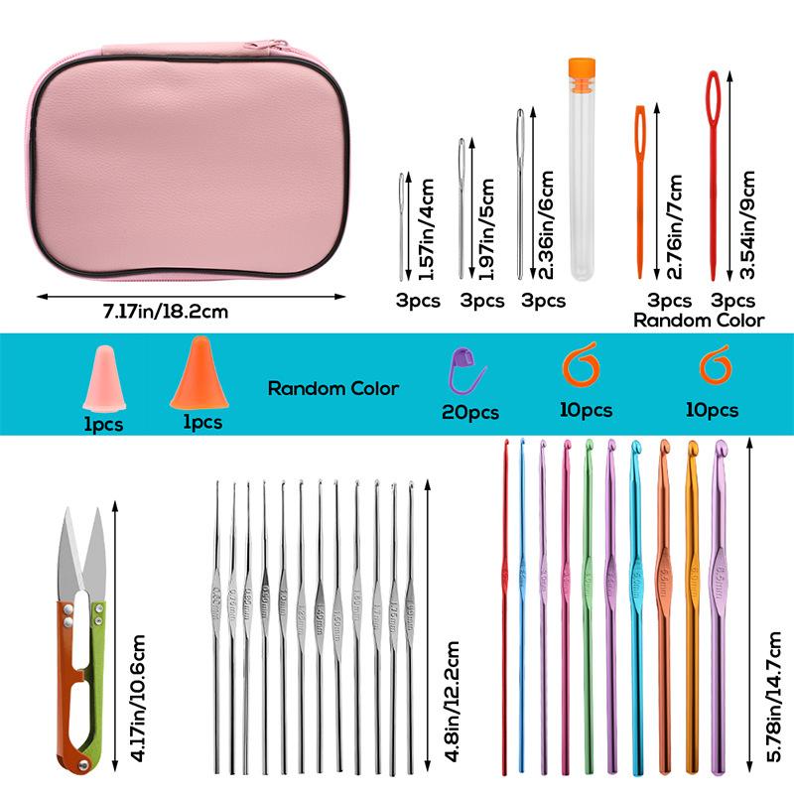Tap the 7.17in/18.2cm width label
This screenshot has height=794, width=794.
(x=170, y=311)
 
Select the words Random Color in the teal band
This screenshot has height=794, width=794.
(x=333, y=388)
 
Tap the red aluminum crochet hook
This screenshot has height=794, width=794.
(x=505, y=605)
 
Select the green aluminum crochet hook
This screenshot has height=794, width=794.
(x=589, y=605)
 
